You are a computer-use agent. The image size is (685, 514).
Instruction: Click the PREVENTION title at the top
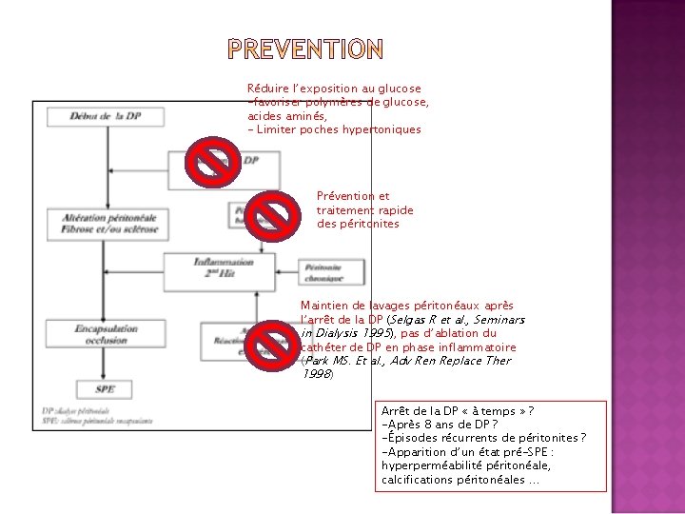305,49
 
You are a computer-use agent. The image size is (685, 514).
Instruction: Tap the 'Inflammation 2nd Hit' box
224,267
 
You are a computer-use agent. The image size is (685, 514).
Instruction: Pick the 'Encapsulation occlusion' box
107,334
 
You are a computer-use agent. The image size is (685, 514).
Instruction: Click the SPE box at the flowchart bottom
106,388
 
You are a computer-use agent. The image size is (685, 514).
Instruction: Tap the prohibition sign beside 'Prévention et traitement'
272,217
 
